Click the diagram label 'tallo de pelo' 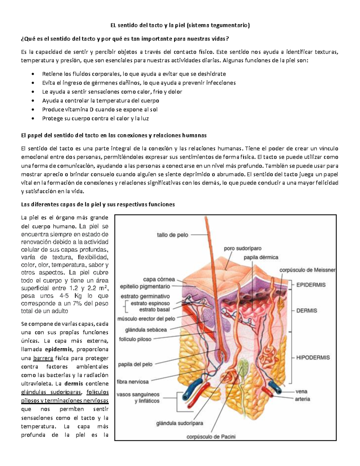pos(172,235)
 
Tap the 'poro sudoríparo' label pos(243,248)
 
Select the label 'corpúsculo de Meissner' pos(307,270)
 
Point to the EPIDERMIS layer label pos(311,285)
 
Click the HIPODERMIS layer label pos(313,357)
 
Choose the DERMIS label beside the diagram pos(307,311)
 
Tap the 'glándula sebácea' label pos(146,329)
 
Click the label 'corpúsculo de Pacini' pos(211,437)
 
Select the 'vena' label pos(301,391)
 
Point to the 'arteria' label pos(302,399)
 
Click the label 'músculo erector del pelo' pos(147,318)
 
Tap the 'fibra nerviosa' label pos(133,382)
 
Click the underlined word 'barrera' pos(43,358)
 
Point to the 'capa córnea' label pos(159,279)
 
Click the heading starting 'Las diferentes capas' pos(98,205)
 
